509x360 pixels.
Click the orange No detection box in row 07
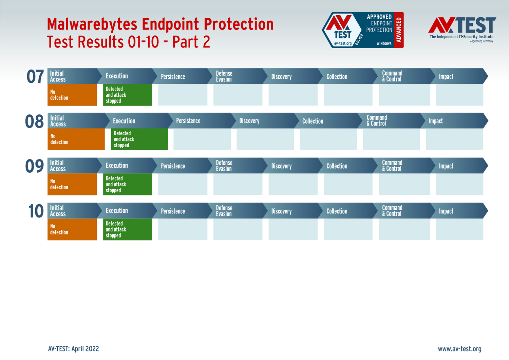pyautogui.click(x=72, y=95)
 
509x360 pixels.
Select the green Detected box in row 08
pyautogui.click(x=139, y=139)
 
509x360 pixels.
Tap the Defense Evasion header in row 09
pyautogui.click(x=224, y=166)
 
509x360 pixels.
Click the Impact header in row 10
pyautogui.click(x=446, y=211)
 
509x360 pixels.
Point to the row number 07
pyautogui.click(x=35, y=77)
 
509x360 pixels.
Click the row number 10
pyautogui.click(x=36, y=211)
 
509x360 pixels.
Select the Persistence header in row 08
pyautogui.click(x=188, y=121)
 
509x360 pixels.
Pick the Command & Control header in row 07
pyautogui.click(x=392, y=76)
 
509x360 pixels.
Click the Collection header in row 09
pyautogui.click(x=337, y=166)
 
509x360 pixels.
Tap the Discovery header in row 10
pyautogui.click(x=281, y=211)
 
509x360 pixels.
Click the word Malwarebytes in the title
pyautogui.click(x=92, y=24)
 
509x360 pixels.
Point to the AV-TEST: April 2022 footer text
pyautogui.click(x=74, y=349)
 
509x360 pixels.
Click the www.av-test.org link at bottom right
pyautogui.click(x=459, y=349)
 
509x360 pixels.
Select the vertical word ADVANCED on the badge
pyautogui.click(x=399, y=30)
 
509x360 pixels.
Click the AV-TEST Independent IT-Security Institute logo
pyautogui.click(x=462, y=30)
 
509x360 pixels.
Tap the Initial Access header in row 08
pyautogui.click(x=58, y=121)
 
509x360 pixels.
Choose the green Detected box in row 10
pyautogui.click(x=127, y=229)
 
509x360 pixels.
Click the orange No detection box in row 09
pyautogui.click(x=72, y=184)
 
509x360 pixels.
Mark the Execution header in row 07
pyautogui.click(x=117, y=76)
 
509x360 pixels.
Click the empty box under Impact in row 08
pyautogui.click(x=454, y=139)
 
